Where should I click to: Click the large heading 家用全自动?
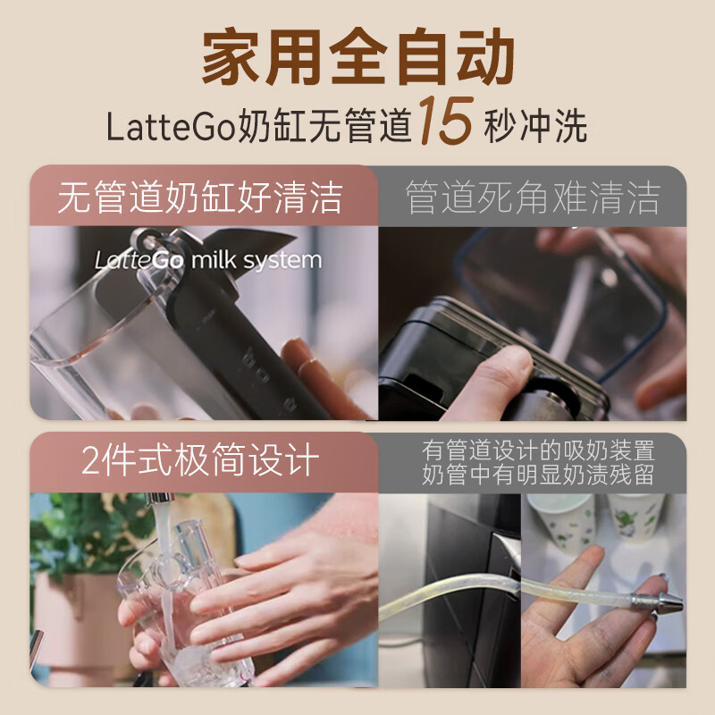(358, 56)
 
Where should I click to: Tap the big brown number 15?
(446, 121)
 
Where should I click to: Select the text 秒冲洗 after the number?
(535, 126)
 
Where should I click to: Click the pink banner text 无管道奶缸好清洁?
(200, 197)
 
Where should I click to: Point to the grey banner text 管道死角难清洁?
(533, 197)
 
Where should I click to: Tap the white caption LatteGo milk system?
(208, 260)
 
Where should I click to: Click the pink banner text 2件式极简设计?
(200, 459)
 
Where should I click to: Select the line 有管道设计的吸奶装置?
(539, 450)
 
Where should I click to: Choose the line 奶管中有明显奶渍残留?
(539, 475)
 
